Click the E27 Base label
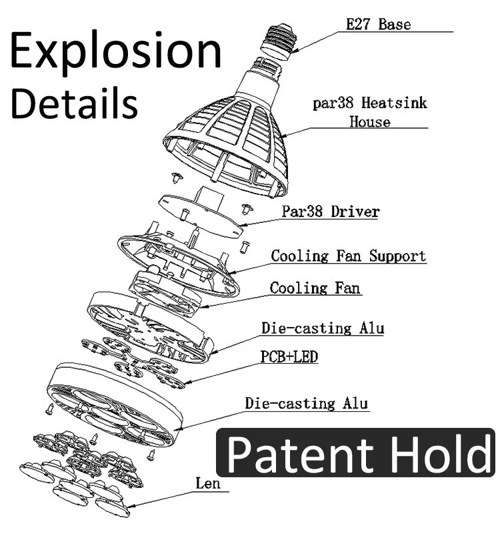[x=378, y=25]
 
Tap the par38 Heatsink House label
[x=370, y=113]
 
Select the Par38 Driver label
[x=330, y=212]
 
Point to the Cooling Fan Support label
[x=348, y=256]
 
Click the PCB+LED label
[x=289, y=357]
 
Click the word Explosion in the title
[x=115, y=52]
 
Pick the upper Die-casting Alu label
[x=322, y=328]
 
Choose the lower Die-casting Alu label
[x=306, y=403]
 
